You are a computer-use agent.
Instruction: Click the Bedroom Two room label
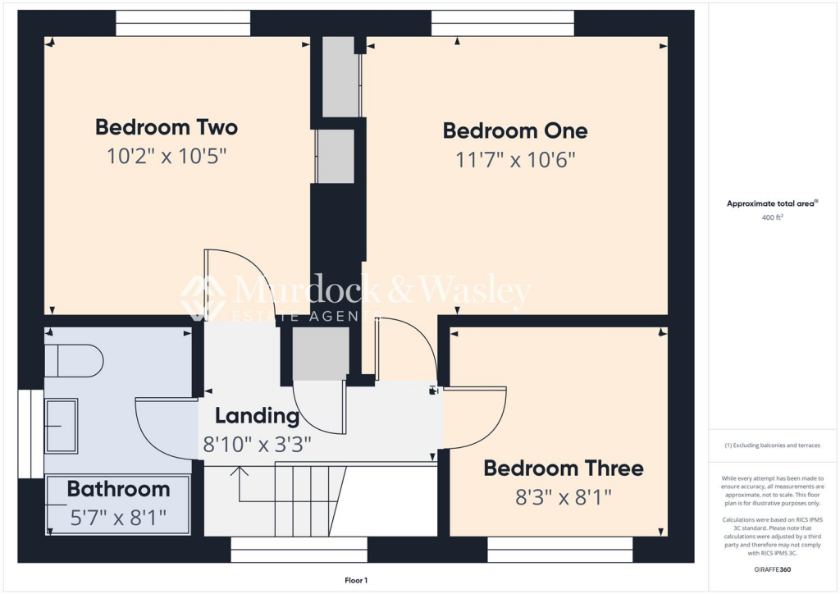167,127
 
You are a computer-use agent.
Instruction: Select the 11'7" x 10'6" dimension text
515,159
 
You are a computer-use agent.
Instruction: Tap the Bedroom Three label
563,468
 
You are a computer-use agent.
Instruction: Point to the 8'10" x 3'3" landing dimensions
257,444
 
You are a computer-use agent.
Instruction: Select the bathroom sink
62,425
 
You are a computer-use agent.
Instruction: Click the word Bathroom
118,490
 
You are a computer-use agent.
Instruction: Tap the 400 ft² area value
773,218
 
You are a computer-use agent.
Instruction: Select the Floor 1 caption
356,580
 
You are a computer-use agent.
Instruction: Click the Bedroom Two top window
183,23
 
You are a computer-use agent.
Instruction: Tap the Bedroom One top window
503,23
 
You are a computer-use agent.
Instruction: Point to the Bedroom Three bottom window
560,549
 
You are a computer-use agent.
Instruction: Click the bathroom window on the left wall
30,433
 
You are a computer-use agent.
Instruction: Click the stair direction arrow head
240,471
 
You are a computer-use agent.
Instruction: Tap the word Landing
257,416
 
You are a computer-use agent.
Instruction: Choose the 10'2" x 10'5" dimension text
167,156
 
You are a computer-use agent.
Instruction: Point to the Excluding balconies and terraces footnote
773,445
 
